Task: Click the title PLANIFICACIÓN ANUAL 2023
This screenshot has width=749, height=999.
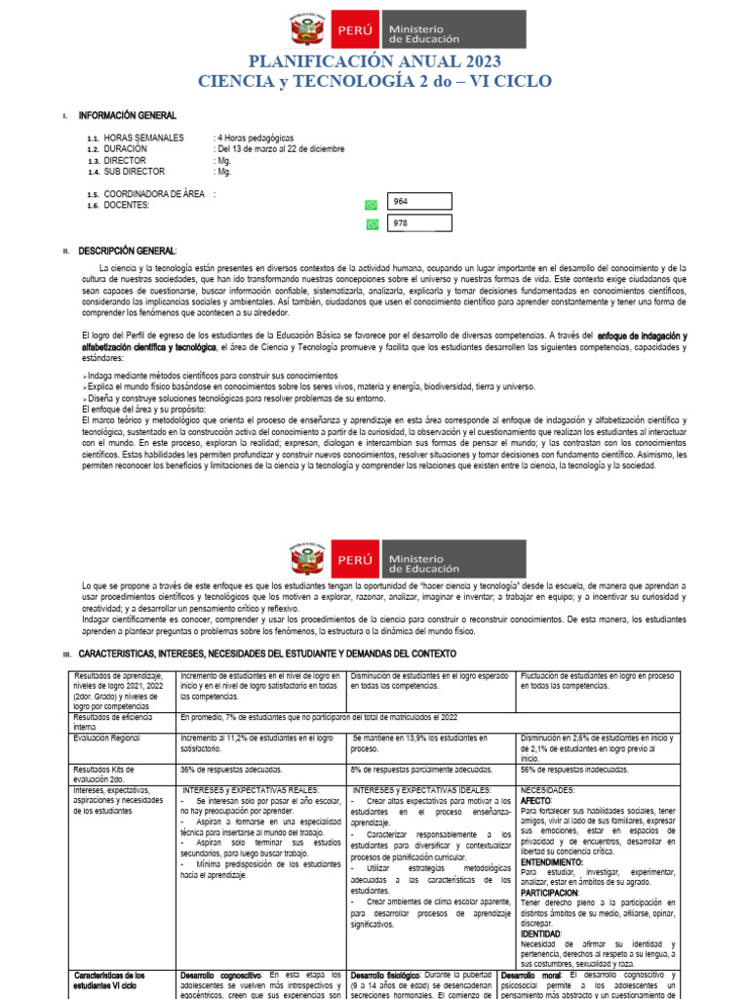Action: (x=374, y=61)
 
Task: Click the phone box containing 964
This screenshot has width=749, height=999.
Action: (x=419, y=201)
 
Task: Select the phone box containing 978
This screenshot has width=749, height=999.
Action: (x=419, y=223)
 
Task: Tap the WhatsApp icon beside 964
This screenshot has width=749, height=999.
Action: (x=371, y=205)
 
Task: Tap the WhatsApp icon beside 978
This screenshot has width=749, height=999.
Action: (x=371, y=224)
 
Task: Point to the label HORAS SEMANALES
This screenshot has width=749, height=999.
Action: (x=143, y=139)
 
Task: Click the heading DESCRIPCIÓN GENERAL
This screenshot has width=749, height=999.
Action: (x=127, y=252)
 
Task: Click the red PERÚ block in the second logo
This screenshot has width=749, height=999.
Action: (x=354, y=560)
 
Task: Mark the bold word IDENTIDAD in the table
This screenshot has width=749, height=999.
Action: (x=542, y=935)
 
